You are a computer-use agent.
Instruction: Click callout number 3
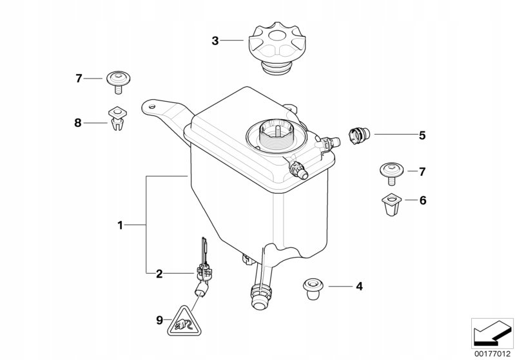pyautogui.click(x=215, y=41)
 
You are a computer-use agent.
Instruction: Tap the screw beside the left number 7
pyautogui.click(x=119, y=82)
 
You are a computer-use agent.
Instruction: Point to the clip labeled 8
pyautogui.click(x=117, y=118)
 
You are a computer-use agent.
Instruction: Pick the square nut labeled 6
pyautogui.click(x=391, y=204)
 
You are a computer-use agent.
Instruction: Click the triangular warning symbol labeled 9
pyautogui.click(x=184, y=322)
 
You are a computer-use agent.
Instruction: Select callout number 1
pyautogui.click(x=121, y=225)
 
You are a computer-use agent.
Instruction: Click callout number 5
pyautogui.click(x=422, y=135)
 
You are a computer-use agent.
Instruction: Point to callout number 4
pyautogui.click(x=359, y=287)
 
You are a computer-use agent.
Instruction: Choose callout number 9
pyautogui.click(x=159, y=320)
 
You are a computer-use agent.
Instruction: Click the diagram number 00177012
pyautogui.click(x=492, y=354)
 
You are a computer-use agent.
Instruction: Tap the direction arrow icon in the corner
pyautogui.click(x=492, y=334)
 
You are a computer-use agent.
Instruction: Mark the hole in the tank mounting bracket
pyautogui.click(x=151, y=107)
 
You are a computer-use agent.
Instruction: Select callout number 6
pyautogui.click(x=423, y=200)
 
